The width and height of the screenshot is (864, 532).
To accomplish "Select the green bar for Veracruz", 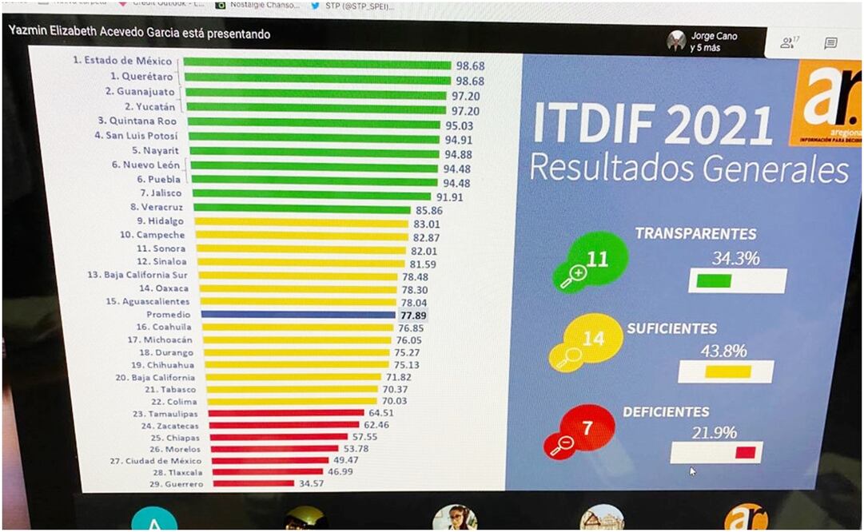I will point(308,209).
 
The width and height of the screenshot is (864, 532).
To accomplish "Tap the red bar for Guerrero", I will point(252,483).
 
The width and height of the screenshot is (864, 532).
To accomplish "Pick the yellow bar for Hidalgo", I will point(301,222).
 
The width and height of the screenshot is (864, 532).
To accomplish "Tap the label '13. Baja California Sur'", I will point(138,275).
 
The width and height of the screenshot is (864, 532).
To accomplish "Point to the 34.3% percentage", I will point(735,258).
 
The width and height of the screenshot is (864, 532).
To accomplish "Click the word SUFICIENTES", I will point(671,328).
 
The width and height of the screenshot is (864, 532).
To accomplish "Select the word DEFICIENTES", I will point(666,412).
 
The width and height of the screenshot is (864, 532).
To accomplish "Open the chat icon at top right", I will point(830,43).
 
